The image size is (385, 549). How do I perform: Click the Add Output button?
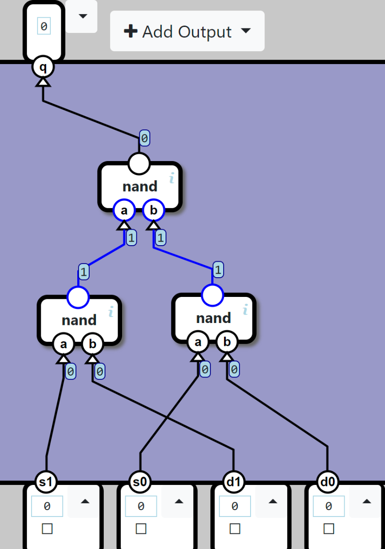pos(187,32)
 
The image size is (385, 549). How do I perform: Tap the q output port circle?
pos(43,68)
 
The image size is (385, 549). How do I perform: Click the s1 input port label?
pos(46,481)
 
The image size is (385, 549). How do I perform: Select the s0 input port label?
pos(140,481)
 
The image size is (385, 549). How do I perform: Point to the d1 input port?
pos(234,481)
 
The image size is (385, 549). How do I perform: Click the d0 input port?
pos(328,481)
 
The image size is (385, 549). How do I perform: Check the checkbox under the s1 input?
pos(47,529)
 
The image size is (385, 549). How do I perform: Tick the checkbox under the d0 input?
pos(328,529)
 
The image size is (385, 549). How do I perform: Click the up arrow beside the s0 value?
pos(179,501)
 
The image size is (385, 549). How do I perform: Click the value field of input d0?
pos(328,506)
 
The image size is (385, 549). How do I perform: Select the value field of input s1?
pos(47,506)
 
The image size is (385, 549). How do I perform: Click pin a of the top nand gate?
pos(124,210)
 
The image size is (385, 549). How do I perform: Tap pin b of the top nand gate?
pos(154,210)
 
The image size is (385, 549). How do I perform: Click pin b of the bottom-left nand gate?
pos(93,344)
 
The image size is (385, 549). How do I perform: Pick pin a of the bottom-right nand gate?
pos(198,342)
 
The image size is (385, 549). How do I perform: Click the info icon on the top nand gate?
pos(172,178)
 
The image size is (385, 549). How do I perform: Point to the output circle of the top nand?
pos(139,163)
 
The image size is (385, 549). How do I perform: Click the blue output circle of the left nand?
pos(78,297)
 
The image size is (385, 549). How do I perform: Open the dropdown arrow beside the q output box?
pos(82,16)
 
